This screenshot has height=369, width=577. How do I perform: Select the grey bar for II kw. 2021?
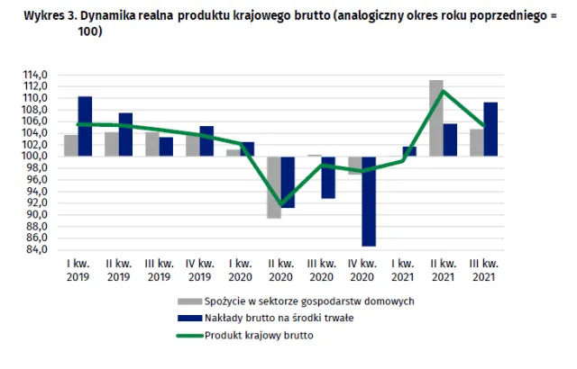(x=436, y=118)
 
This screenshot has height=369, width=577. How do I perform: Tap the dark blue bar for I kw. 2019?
(x=85, y=126)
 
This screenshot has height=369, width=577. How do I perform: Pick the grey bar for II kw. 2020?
(x=273, y=186)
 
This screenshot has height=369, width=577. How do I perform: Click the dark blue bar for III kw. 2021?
(x=491, y=129)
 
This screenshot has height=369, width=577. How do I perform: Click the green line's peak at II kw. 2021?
(x=443, y=90)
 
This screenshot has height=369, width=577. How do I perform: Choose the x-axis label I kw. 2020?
(x=240, y=269)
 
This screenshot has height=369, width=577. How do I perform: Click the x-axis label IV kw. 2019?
(x=199, y=269)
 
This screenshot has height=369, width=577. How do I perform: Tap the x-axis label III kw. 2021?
(x=484, y=269)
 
